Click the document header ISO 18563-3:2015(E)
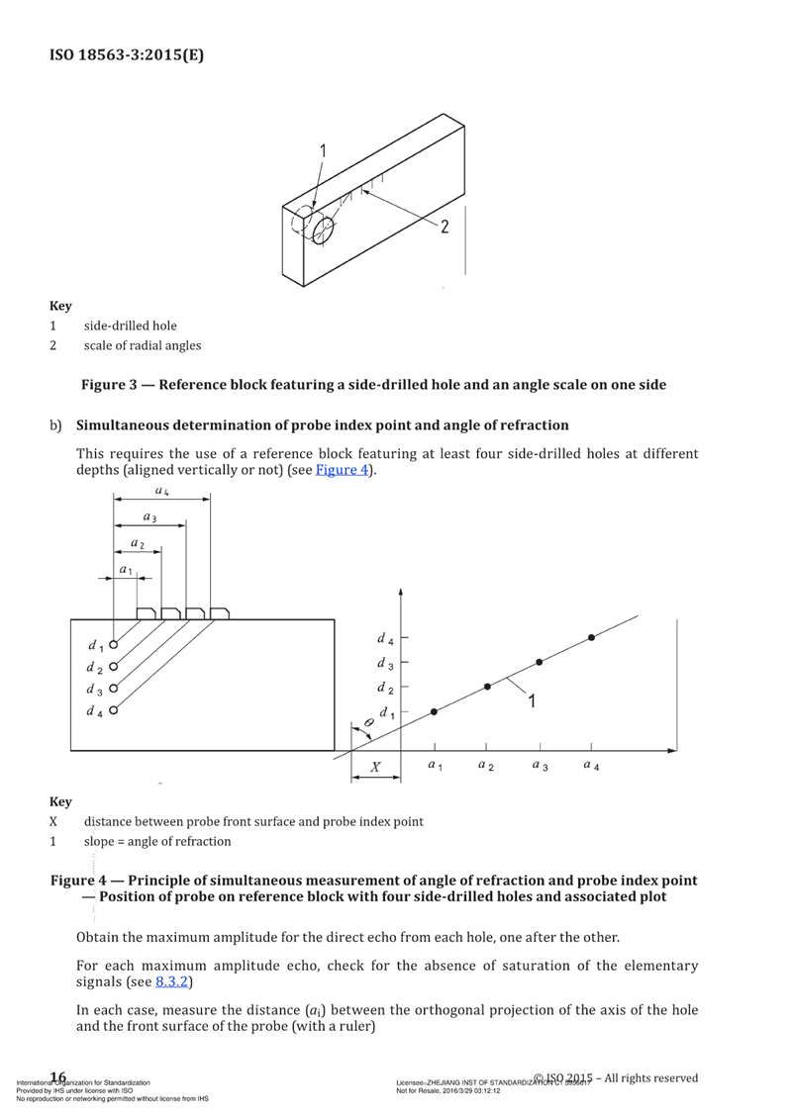(x=127, y=55)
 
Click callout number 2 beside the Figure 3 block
(x=445, y=227)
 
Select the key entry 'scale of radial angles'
(x=143, y=345)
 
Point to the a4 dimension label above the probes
(x=160, y=492)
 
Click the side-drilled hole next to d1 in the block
(x=115, y=643)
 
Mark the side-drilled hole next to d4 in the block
(x=115, y=710)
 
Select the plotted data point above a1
(x=434, y=712)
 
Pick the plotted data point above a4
(x=591, y=638)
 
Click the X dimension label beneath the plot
(x=375, y=768)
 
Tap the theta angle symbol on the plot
(x=368, y=724)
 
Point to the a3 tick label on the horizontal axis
(x=540, y=766)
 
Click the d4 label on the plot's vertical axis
(x=385, y=639)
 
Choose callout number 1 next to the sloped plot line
(x=532, y=701)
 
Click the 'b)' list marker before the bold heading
(x=56, y=425)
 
